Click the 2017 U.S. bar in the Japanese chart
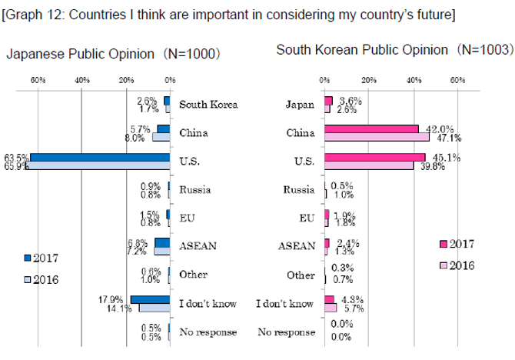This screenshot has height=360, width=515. (x=100, y=158)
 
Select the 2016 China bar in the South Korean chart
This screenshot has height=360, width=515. (x=377, y=138)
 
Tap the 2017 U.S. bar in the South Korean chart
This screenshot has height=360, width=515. (x=374, y=158)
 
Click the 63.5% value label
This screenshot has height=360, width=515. (x=14, y=157)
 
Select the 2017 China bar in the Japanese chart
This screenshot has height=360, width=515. (x=164, y=129)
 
